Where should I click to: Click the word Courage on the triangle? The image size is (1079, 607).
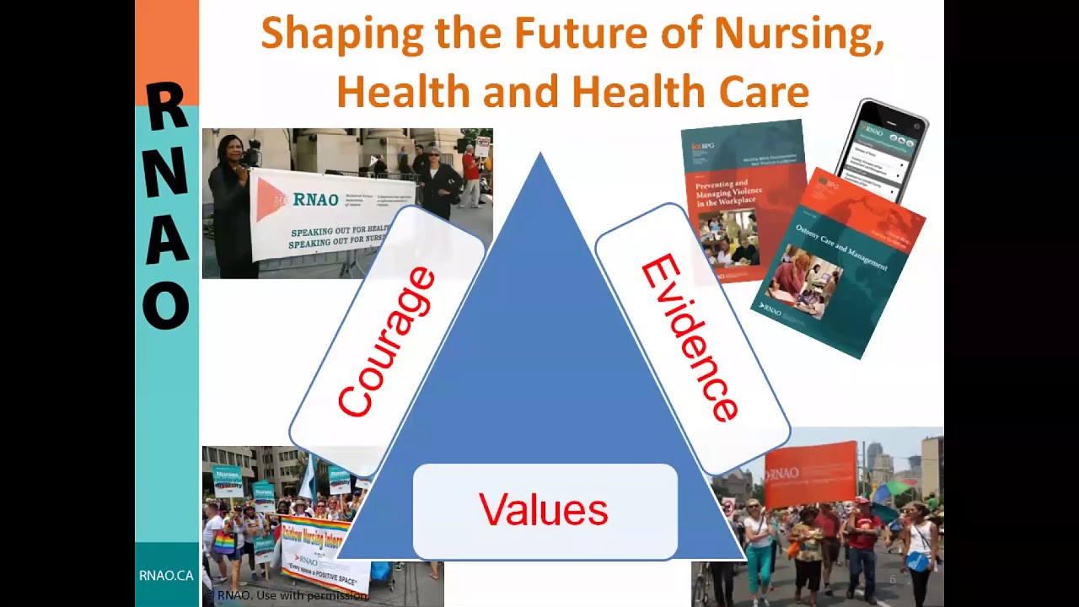pyautogui.click(x=387, y=341)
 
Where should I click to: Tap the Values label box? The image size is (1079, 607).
pyautogui.click(x=544, y=511)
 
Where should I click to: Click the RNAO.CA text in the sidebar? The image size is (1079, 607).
pyautogui.click(x=166, y=576)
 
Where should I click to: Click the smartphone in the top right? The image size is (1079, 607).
pyautogui.click(x=881, y=148)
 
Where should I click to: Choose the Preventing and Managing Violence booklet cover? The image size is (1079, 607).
pyautogui.click(x=742, y=202)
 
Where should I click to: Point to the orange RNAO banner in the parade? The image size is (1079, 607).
pyautogui.click(x=810, y=474)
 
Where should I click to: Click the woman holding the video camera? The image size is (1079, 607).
pyautogui.click(x=229, y=207)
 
